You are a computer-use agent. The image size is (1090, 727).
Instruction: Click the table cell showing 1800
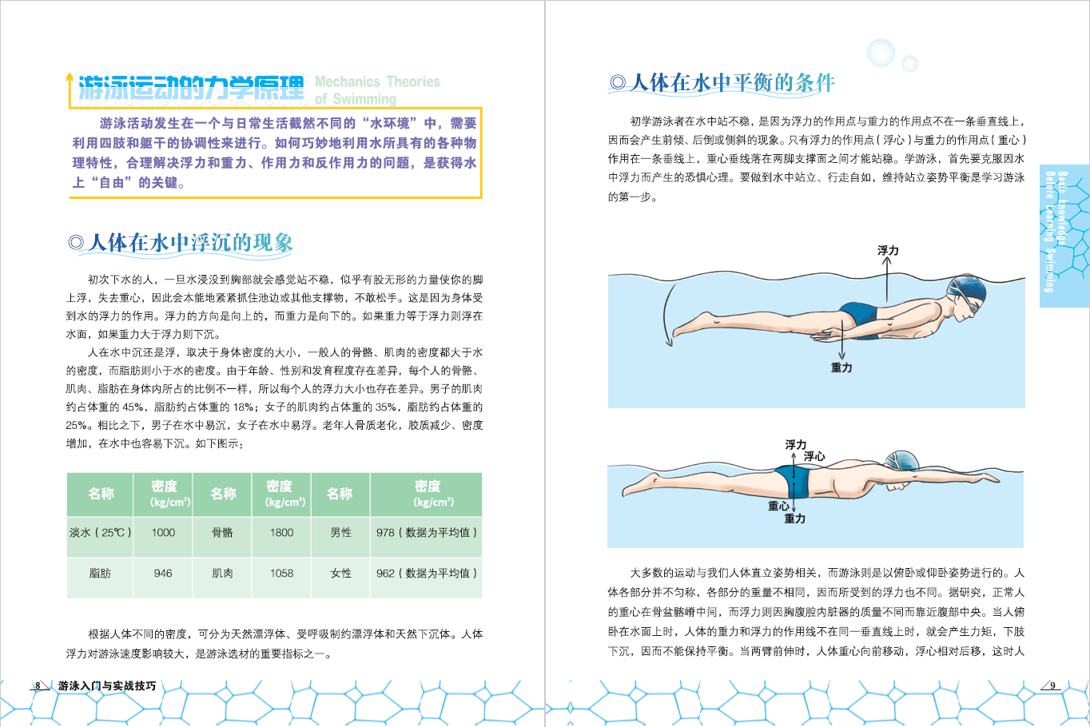pos(281,533)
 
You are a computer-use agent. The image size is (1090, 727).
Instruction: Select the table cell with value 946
pos(163,574)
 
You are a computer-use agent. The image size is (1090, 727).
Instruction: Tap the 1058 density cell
pos(281,574)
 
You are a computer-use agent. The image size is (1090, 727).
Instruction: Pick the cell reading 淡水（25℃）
pos(101,533)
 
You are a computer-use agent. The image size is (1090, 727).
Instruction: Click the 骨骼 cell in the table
pos(222,533)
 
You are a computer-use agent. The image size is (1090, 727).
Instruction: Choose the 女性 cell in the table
pos(340,574)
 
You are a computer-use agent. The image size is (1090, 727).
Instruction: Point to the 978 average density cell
pos(426,533)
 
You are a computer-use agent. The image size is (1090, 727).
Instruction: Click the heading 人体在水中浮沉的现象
pos(191,243)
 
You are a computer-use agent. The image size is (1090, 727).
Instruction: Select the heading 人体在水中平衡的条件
pos(732,83)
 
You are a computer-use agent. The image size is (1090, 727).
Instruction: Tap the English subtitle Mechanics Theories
pos(377,81)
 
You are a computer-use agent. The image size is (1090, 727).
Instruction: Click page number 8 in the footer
pos(38,685)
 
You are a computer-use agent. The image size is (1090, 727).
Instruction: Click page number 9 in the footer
pos(1052,685)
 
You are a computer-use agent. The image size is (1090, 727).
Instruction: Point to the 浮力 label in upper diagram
pos(888,251)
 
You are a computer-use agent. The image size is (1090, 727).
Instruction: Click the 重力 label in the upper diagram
pos(841,368)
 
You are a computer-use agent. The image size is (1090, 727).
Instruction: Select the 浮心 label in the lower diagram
pos(814,456)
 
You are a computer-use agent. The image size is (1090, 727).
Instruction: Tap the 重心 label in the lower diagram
pos(778,507)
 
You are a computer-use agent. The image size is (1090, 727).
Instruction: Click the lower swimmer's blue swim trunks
pos(793,482)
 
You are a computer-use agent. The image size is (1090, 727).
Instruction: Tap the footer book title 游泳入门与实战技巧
pos(107,685)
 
